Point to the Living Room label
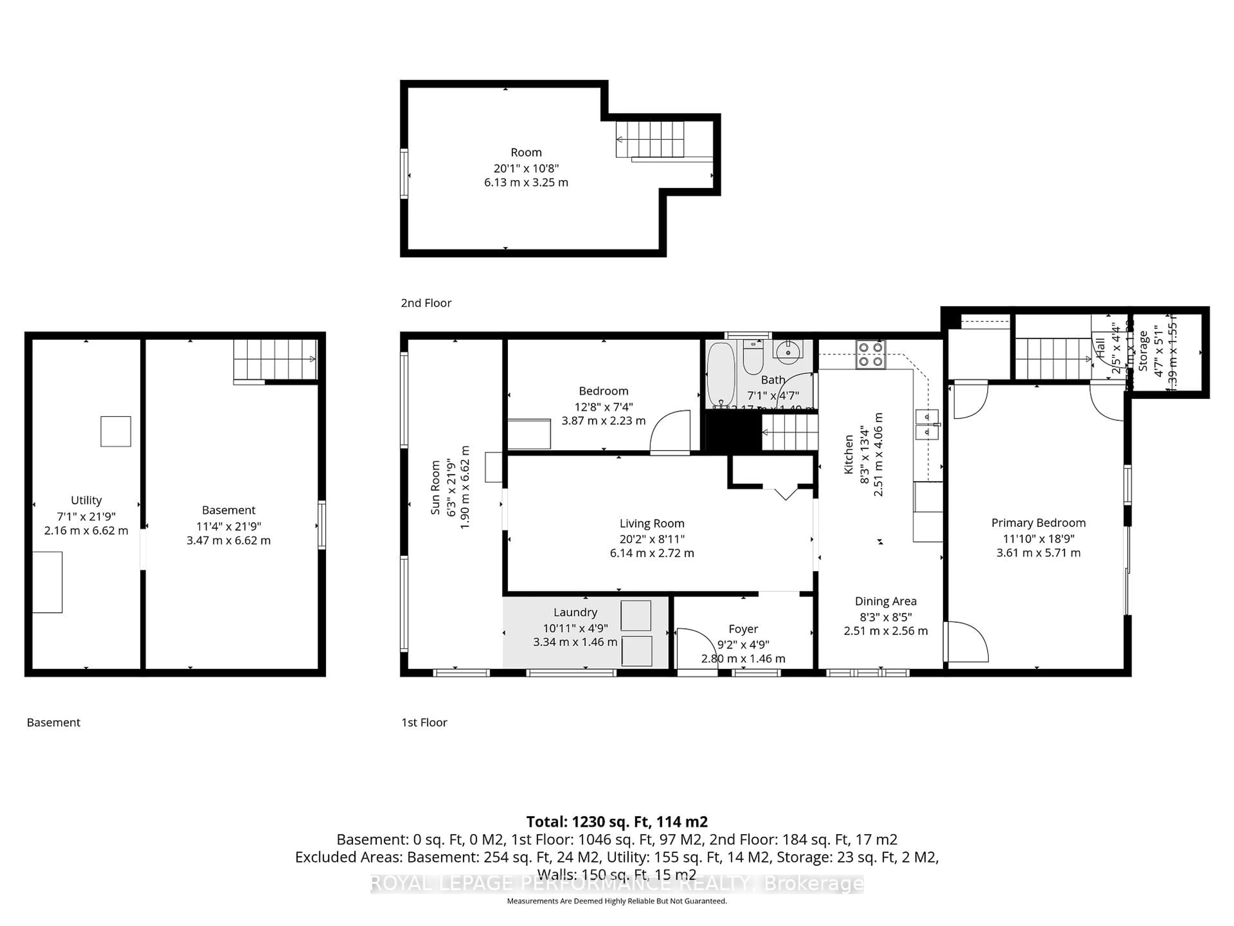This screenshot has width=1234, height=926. click(652, 523)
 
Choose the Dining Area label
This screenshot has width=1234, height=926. click(885, 601)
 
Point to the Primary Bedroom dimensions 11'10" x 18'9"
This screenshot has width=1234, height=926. click(1038, 539)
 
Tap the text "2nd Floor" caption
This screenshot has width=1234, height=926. click(426, 303)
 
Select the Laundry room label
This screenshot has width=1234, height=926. click(575, 612)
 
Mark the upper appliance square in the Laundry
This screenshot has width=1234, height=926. click(636, 616)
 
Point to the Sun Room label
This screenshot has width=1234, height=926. click(436, 487)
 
